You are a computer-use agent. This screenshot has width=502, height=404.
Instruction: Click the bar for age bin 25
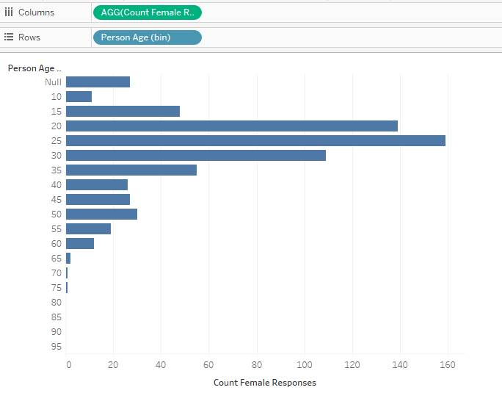(255, 140)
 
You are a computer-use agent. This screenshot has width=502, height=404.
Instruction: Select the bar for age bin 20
(231, 126)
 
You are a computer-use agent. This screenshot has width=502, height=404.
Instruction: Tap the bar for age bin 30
(195, 155)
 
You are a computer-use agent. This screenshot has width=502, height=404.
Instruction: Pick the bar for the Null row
(98, 82)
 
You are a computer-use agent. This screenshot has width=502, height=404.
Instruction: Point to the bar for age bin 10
(79, 96)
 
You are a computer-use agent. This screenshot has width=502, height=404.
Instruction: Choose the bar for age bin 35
(131, 170)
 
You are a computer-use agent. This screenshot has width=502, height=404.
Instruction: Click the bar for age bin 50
(101, 214)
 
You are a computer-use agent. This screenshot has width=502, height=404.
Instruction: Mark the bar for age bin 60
(80, 243)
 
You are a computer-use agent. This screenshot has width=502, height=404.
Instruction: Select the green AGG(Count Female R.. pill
(147, 12)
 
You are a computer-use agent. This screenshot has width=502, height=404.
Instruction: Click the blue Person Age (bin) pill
(147, 37)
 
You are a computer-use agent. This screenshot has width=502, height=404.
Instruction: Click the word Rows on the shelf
(29, 37)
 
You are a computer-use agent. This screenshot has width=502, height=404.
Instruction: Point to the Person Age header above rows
(34, 68)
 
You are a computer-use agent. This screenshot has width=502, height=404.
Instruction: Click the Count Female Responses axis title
(264, 383)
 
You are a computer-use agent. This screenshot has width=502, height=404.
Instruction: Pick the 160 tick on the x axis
(447, 364)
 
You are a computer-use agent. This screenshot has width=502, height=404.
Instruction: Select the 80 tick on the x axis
(256, 364)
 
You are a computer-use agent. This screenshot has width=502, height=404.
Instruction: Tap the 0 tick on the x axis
(68, 364)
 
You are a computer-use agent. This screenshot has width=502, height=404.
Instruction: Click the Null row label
(53, 82)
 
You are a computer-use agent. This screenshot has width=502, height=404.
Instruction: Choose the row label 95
(57, 346)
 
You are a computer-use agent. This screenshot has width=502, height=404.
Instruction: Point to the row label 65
(57, 258)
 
